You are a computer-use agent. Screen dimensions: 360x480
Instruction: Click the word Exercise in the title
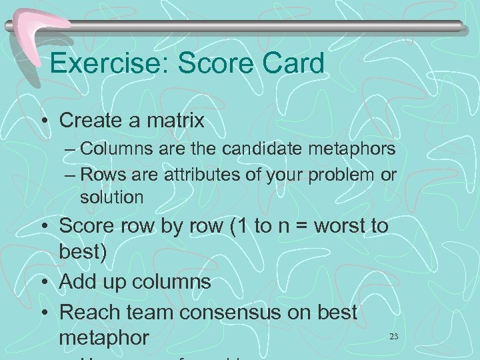99,63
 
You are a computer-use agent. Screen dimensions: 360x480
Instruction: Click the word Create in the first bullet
93,121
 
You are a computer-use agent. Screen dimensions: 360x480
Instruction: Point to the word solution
111,197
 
